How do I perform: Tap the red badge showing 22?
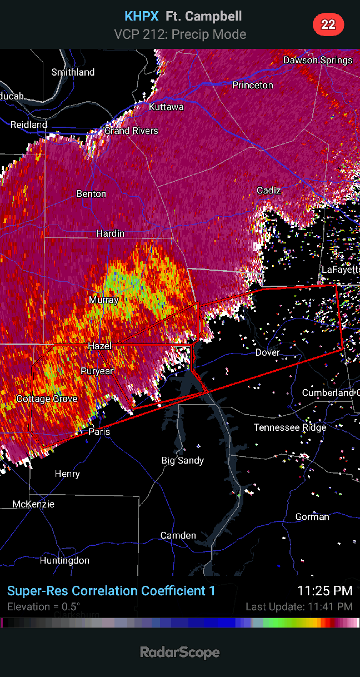coord(328,24)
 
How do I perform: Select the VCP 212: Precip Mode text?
coord(180,34)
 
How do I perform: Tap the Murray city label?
coord(104,300)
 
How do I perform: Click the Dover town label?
coord(268,352)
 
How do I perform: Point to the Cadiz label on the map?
coord(269,191)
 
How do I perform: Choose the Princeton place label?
coord(253,85)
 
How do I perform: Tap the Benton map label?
coord(91,193)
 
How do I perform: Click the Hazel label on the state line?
coord(100,346)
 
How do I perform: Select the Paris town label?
coord(99,432)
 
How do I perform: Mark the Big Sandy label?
coord(183,460)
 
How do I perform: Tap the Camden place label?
coord(178,535)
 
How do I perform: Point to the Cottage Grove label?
coord(47,399)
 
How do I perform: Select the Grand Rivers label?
coord(132,131)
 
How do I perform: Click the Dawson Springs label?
coord(318,60)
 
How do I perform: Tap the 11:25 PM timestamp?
coord(324,590)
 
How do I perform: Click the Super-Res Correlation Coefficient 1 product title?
coord(111,590)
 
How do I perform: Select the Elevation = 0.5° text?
coord(43,606)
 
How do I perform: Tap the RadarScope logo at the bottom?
coord(179,652)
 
